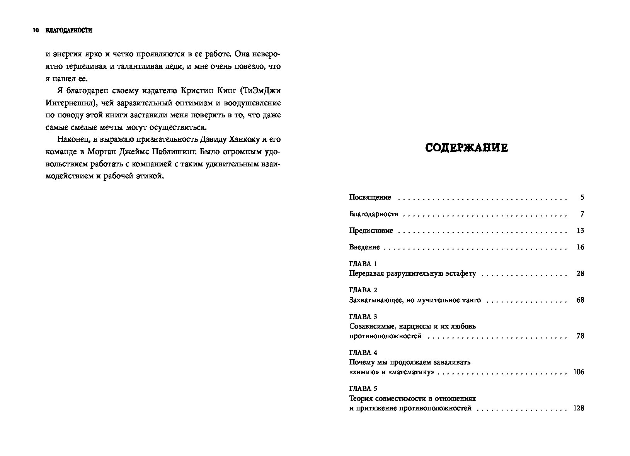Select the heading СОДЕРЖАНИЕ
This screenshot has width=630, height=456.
[466, 148]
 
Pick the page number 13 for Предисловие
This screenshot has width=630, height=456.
[580, 231]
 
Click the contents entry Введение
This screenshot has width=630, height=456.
[364, 247]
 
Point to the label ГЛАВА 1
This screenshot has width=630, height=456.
[363, 264]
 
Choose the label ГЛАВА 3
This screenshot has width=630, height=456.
[363, 317]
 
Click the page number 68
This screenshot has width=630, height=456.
[580, 300]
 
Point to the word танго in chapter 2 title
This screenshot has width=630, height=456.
[471, 300]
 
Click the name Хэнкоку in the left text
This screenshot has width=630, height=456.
[242, 139]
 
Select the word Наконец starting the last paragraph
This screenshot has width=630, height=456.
[71, 139]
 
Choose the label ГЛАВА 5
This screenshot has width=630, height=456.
[363, 388]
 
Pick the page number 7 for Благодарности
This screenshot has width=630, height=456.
[582, 214]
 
